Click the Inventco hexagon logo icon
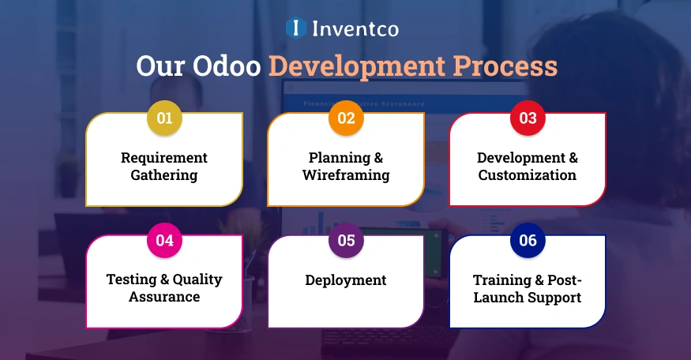(295, 28)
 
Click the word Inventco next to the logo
(355, 29)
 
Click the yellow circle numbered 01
(164, 118)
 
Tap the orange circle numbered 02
(346, 118)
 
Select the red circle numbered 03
(528, 118)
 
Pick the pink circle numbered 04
(164, 241)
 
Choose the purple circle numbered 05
(346, 241)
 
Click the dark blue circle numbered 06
(528, 241)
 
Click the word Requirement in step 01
(164, 158)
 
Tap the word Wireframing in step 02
(346, 175)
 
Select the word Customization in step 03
(528, 175)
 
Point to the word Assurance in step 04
(164, 297)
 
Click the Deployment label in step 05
(346, 280)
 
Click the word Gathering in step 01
(164, 175)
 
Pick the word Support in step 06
(554, 298)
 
